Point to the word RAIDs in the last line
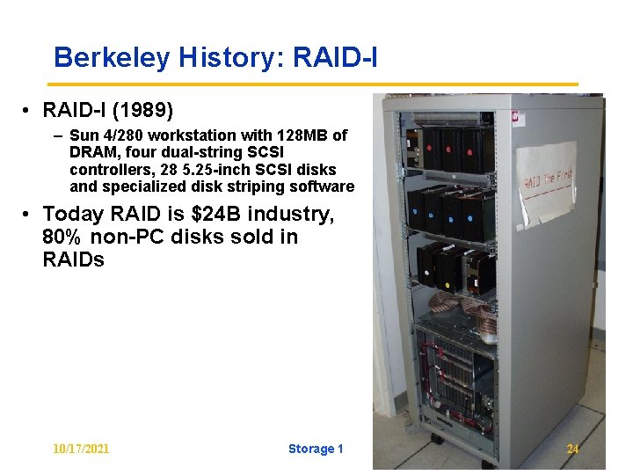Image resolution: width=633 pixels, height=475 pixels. tap(73, 259)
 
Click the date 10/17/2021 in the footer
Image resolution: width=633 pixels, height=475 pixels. tap(81, 449)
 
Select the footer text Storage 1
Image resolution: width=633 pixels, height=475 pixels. tap(315, 449)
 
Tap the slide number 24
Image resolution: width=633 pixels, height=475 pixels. tap(572, 449)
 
